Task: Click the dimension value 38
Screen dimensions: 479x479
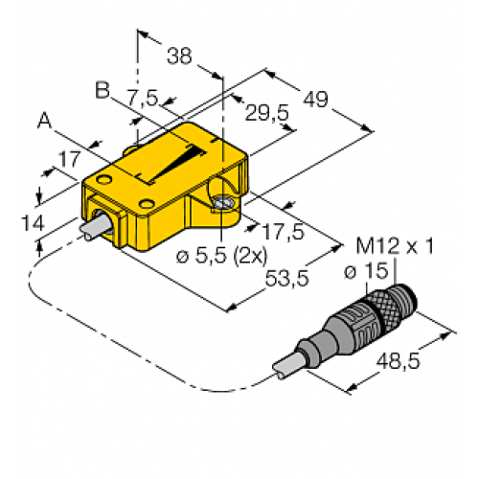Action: point(179,56)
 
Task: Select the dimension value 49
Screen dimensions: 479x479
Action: point(315,99)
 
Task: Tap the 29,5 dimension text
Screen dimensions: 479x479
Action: point(266,112)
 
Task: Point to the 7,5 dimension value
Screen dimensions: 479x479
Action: point(143,97)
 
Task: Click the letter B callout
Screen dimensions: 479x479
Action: point(103,90)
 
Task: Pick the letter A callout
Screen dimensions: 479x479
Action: point(45,121)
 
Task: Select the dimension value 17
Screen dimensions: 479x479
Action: point(69,159)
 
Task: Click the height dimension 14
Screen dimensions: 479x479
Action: point(33,223)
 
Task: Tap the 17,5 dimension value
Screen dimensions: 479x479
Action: point(283,231)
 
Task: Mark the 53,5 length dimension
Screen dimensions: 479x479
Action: point(287,278)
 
